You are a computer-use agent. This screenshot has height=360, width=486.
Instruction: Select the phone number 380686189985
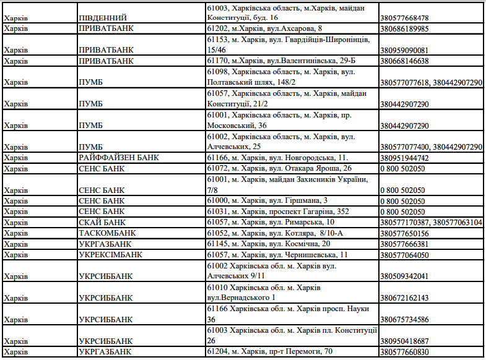coord(404,29)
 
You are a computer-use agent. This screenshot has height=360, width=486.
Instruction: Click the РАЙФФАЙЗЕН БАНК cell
coord(119,158)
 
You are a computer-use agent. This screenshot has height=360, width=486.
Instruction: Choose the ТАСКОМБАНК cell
coord(107,233)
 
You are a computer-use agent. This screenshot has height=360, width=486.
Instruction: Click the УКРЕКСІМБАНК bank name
coord(111,254)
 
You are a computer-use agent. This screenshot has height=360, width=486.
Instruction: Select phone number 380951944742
coord(404,158)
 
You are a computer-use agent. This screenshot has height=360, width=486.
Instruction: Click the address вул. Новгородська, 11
coord(281,158)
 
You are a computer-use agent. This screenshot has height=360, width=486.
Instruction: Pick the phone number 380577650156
coord(404,233)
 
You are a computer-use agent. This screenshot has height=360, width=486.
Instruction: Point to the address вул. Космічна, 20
coord(269,244)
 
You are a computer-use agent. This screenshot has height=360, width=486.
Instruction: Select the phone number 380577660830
coord(404,351)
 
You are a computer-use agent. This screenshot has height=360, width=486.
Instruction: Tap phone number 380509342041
coord(404,276)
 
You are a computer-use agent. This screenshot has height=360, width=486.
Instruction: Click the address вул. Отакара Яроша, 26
coord(279,168)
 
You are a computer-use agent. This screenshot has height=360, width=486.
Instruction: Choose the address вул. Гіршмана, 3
coord(267,200)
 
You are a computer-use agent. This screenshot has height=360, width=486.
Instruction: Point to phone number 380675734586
coord(404,319)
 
